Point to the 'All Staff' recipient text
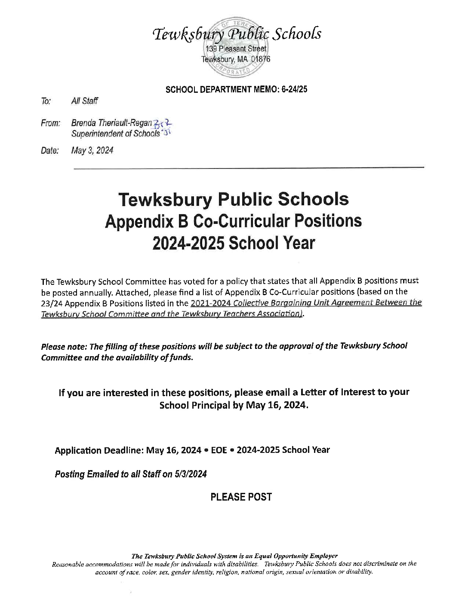point(84,101)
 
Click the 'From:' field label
point(50,123)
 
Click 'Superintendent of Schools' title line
point(115,134)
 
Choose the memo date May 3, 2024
point(92,150)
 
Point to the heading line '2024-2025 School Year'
point(234,243)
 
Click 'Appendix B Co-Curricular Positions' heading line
point(234,221)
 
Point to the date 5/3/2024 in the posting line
point(191,474)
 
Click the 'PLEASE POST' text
point(241,497)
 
